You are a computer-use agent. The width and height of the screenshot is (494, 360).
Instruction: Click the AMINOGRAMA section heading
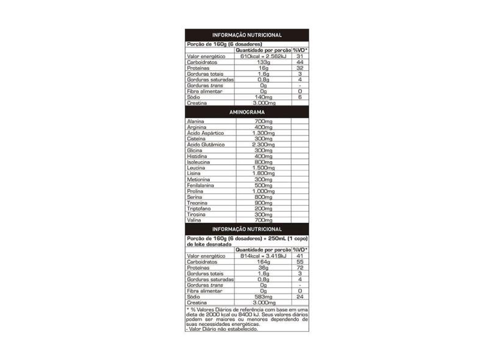(x=246, y=113)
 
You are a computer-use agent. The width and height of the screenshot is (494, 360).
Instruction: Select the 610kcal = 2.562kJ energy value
(x=263, y=57)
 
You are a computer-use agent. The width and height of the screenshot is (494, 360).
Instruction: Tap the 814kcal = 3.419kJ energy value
(x=263, y=257)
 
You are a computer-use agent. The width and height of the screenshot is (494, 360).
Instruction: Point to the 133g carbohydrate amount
(x=263, y=62)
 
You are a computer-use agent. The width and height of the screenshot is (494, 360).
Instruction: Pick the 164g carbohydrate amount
(x=263, y=262)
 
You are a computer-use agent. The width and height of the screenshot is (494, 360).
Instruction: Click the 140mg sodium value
(x=263, y=96)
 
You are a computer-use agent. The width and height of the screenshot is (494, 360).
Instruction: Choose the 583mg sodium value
(x=263, y=297)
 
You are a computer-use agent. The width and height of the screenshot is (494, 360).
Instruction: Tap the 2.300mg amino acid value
(x=263, y=145)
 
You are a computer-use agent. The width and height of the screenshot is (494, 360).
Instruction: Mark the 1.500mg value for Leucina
(x=263, y=168)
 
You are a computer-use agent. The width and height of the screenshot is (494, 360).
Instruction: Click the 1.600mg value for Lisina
(x=263, y=173)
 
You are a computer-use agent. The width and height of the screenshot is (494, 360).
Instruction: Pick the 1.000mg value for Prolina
(x=263, y=191)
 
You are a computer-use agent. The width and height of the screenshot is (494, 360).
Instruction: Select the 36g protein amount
(x=263, y=268)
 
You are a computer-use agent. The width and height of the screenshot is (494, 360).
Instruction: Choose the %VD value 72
(x=300, y=268)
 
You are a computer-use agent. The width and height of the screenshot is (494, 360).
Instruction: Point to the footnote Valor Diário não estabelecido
(x=221, y=329)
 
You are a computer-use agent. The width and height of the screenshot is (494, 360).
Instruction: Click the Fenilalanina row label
(x=199, y=185)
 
